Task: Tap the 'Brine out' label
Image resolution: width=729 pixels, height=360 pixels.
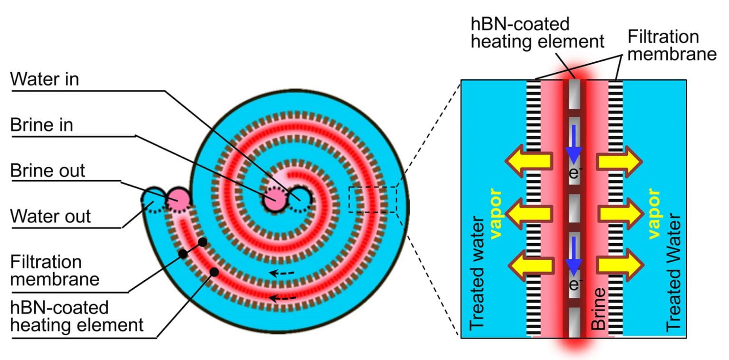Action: pyautogui.click(x=48, y=171)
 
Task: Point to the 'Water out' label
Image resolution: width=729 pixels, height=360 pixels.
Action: pyautogui.click(x=50, y=217)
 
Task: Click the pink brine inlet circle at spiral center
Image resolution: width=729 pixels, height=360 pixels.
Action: pyautogui.click(x=272, y=200)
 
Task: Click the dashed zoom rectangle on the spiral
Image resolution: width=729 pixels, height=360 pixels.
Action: pyautogui.click(x=372, y=199)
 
